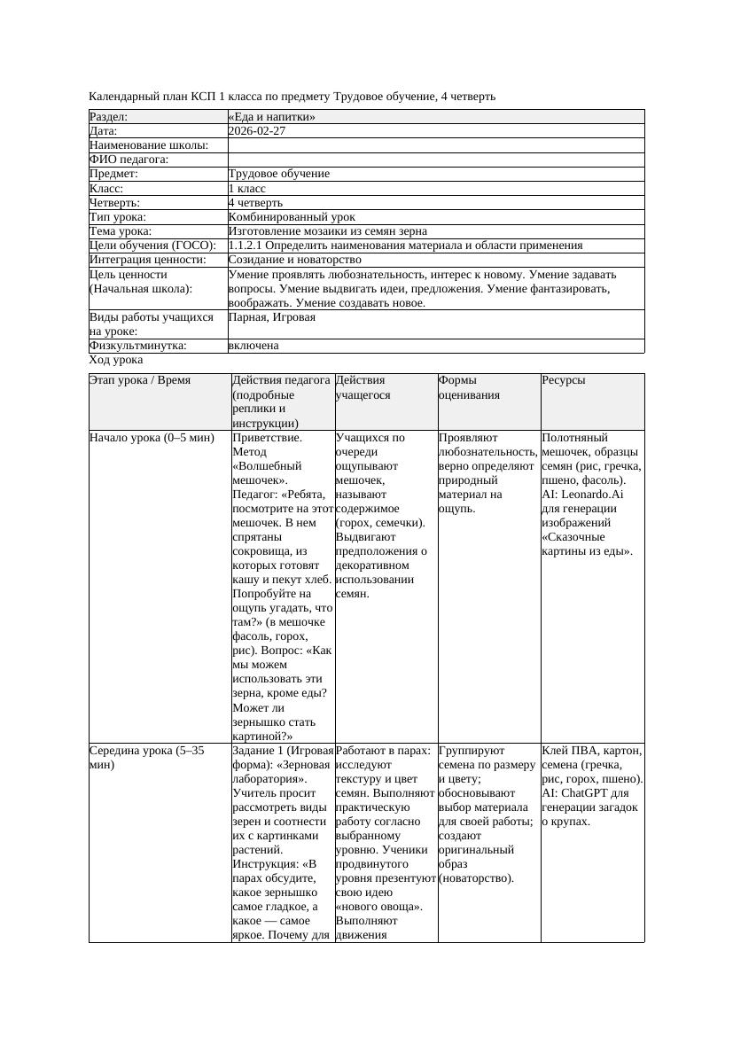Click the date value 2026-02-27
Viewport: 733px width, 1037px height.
pyautogui.click(x=256, y=131)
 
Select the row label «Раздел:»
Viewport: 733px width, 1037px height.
pyautogui.click(x=109, y=117)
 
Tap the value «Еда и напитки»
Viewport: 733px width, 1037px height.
pyautogui.click(x=272, y=117)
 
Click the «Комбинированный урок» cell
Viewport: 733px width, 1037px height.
pyautogui.click(x=292, y=216)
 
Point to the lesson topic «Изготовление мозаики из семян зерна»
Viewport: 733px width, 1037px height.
pyautogui.click(x=327, y=230)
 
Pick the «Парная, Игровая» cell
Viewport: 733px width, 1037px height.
pyautogui.click(x=271, y=316)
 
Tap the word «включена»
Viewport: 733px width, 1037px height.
pyautogui.click(x=253, y=346)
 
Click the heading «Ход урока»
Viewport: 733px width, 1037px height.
pyautogui.click(x=116, y=360)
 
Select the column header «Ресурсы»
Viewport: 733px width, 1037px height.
pyautogui.click(x=564, y=380)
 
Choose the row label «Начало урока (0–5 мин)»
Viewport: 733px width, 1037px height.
pyautogui.click(x=152, y=438)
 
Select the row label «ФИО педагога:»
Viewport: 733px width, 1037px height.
pyautogui.click(x=129, y=160)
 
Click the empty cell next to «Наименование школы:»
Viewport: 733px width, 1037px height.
pyautogui.click(x=435, y=145)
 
